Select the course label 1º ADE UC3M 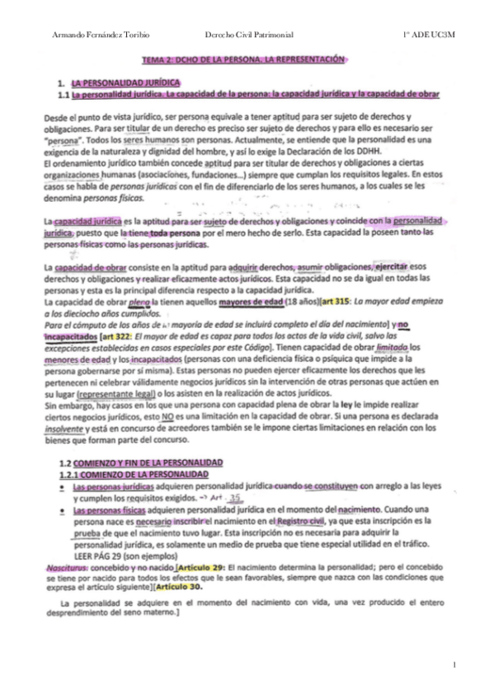click(x=431, y=34)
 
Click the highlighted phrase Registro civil click(x=299, y=521)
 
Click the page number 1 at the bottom click(x=454, y=664)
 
